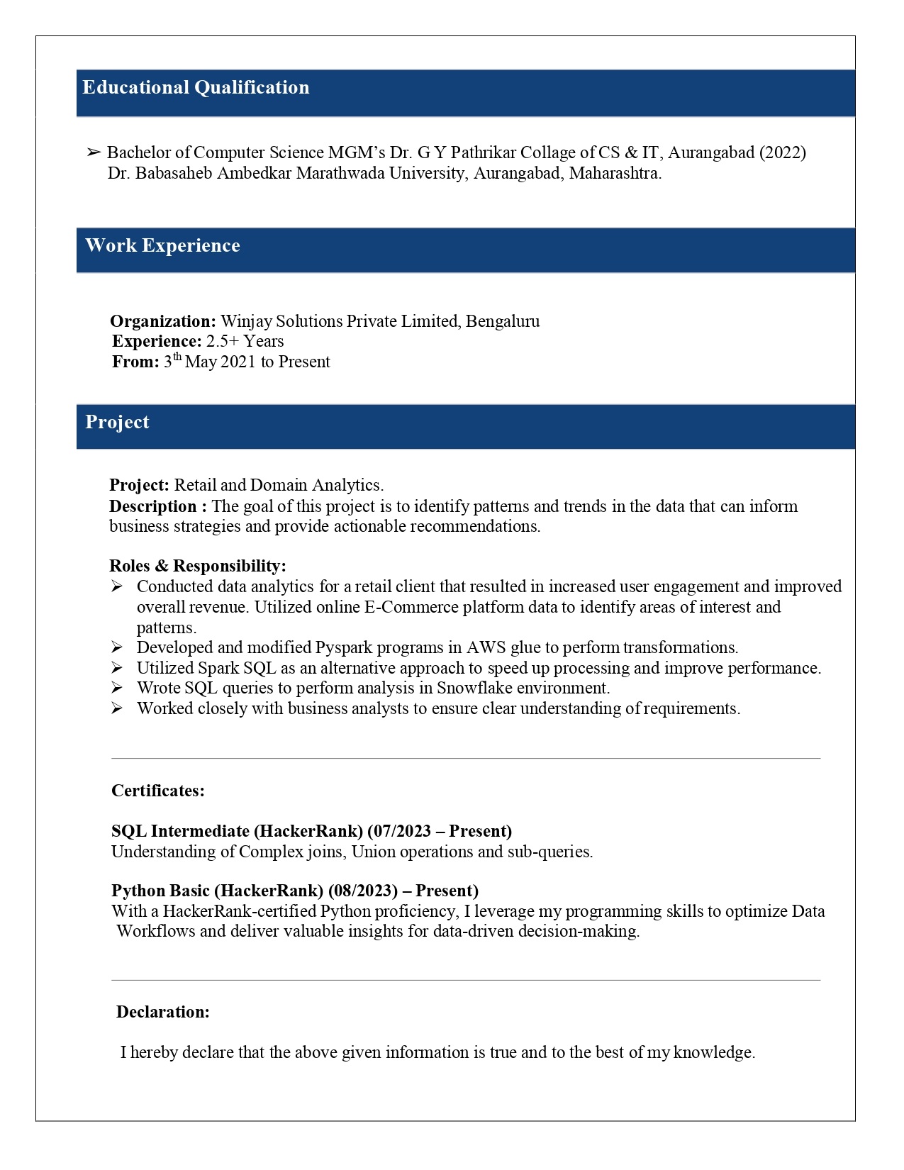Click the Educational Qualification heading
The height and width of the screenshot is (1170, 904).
(x=196, y=88)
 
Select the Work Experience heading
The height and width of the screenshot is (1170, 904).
(x=162, y=246)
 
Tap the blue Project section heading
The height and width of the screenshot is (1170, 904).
(x=117, y=423)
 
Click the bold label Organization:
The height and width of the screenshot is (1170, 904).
(x=163, y=321)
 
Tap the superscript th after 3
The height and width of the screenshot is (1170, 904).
(x=177, y=357)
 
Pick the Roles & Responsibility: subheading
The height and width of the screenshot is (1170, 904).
(x=198, y=566)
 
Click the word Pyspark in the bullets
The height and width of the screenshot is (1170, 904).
(x=343, y=647)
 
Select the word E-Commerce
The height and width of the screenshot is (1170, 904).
(x=411, y=607)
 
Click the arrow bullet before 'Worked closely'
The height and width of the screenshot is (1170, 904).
(x=117, y=708)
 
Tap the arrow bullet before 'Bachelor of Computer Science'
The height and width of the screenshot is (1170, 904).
(x=94, y=152)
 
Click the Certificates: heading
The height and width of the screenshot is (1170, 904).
(x=158, y=791)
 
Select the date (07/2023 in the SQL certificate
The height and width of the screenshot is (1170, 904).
(x=397, y=831)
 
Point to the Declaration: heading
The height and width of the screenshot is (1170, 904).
(x=163, y=1012)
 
